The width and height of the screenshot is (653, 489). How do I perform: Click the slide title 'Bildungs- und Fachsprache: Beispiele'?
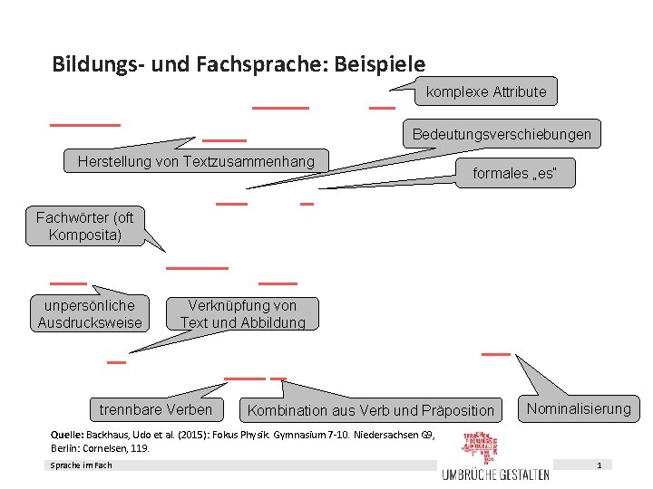pyautogui.click(x=239, y=64)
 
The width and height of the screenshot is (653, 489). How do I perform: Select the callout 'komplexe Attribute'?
pyautogui.click(x=486, y=91)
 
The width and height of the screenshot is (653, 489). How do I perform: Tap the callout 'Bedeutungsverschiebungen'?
pyautogui.click(x=502, y=135)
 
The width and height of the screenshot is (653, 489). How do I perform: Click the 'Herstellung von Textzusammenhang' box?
pyautogui.click(x=196, y=162)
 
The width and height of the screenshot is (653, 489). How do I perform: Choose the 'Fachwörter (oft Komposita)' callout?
pyautogui.click(x=84, y=226)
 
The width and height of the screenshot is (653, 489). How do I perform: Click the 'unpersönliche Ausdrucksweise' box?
pyautogui.click(x=90, y=314)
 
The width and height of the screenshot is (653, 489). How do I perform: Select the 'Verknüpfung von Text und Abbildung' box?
pyautogui.click(x=242, y=314)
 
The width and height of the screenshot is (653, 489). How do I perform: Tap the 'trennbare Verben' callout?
pyautogui.click(x=156, y=409)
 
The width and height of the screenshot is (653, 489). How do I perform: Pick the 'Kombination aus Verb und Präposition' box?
pyautogui.click(x=371, y=410)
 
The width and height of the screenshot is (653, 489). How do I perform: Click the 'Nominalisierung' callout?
pyautogui.click(x=579, y=408)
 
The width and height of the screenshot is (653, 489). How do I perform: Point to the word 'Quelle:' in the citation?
pyautogui.click(x=69, y=435)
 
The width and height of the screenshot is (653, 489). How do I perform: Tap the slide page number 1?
pyautogui.click(x=599, y=465)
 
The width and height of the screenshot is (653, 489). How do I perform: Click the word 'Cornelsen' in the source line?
pyautogui.click(x=109, y=447)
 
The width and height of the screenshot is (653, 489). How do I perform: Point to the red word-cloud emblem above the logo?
pyautogui.click(x=482, y=446)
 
